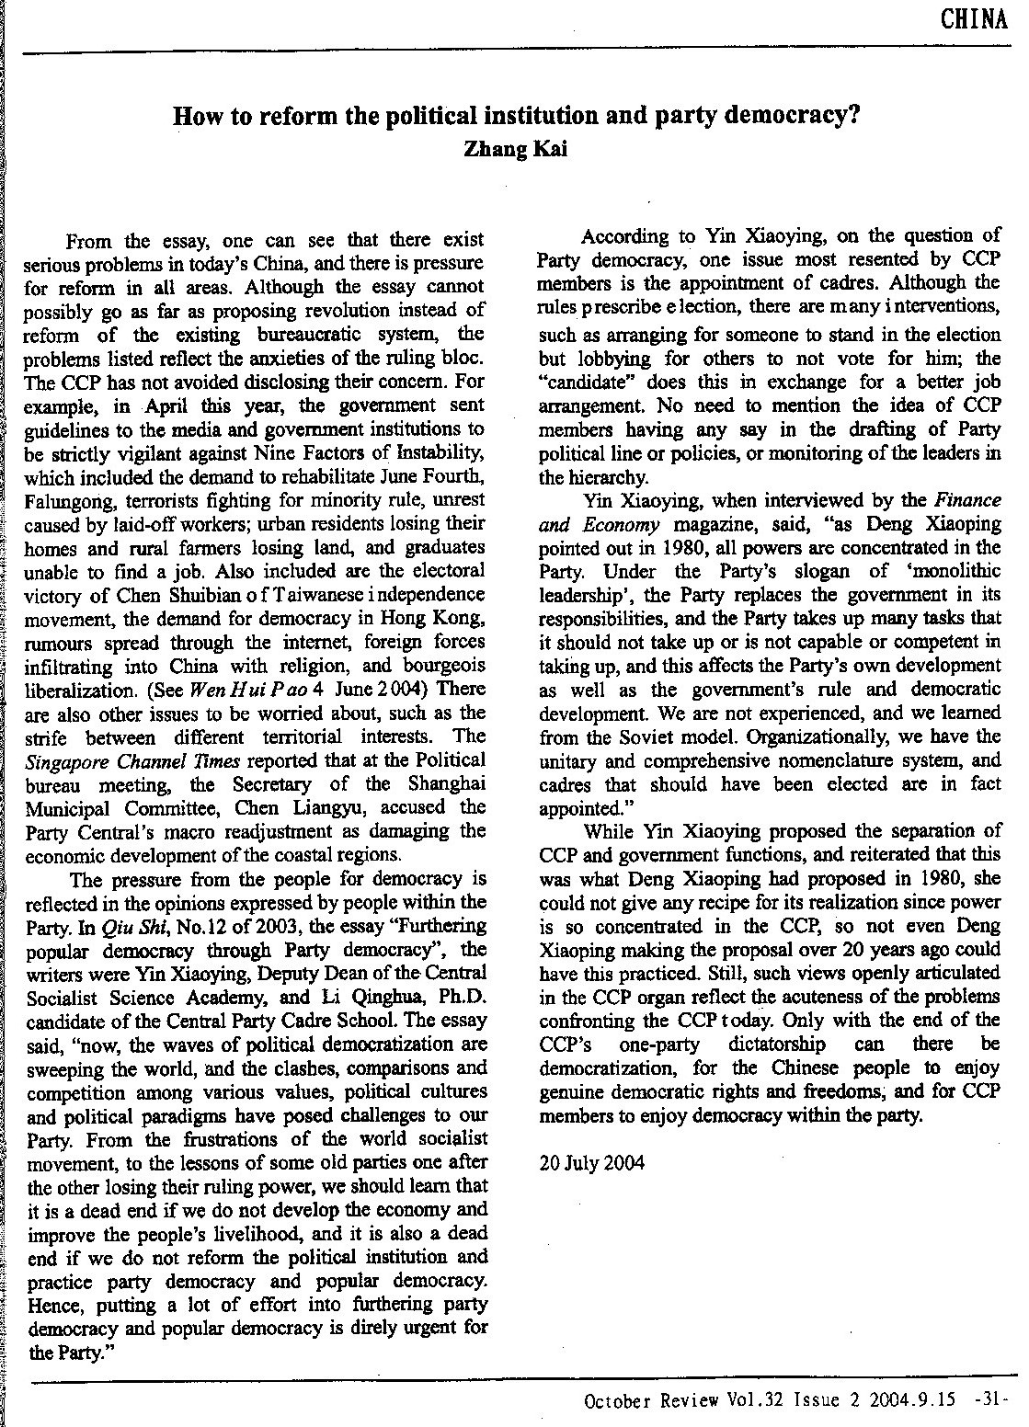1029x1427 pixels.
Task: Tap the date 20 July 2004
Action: click(592, 1162)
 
